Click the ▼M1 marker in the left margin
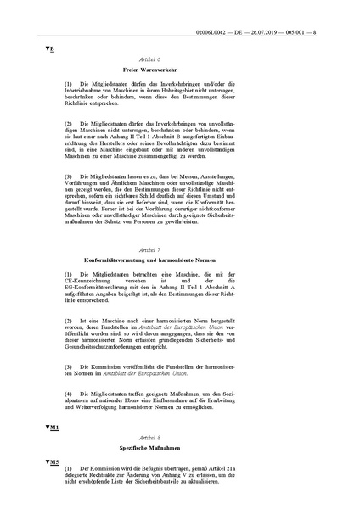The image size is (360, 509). click(x=50, y=428)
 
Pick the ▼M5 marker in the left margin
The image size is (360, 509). click(x=50, y=463)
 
